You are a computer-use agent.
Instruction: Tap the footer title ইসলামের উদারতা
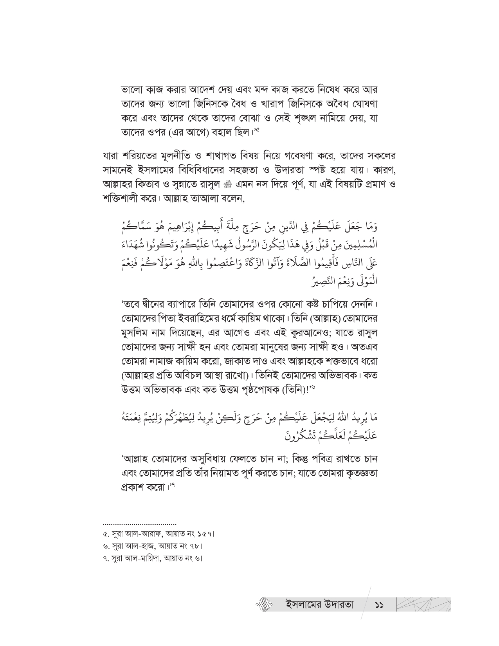(319, 604)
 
